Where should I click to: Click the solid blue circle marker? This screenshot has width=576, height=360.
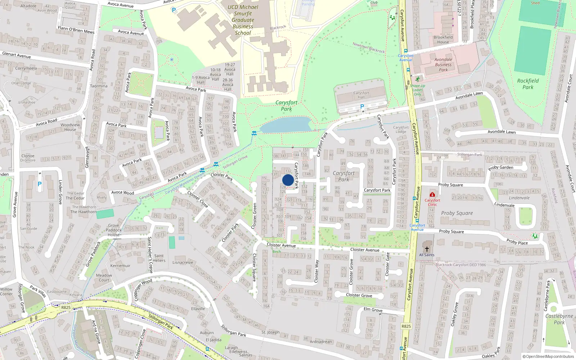[288, 180]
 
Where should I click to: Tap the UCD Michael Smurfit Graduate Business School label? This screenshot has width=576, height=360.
[243, 20]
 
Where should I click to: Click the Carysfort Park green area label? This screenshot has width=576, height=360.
[287, 106]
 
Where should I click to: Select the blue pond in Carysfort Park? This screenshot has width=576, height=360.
[286, 125]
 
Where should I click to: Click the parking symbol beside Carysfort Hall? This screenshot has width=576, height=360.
[362, 107]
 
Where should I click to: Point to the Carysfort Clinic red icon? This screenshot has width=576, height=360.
[432, 195]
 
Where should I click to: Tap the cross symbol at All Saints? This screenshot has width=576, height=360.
[427, 249]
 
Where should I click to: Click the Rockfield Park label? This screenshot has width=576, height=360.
[528, 84]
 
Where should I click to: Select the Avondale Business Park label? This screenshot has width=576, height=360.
[443, 65]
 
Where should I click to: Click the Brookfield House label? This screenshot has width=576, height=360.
[443, 40]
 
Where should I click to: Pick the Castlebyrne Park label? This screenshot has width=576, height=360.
[559, 319]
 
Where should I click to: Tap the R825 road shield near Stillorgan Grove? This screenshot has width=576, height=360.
[66, 307]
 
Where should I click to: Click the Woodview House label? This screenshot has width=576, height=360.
[70, 127]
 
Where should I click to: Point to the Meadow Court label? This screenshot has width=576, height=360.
[104, 278]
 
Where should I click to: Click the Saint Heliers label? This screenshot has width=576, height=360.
[159, 258]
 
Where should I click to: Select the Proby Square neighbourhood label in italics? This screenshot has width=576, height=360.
[457, 213]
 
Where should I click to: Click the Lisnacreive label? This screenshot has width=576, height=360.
[183, 262]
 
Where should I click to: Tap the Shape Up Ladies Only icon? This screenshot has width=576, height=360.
[418, 79]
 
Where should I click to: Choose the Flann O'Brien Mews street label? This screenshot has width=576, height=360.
[76, 30]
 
